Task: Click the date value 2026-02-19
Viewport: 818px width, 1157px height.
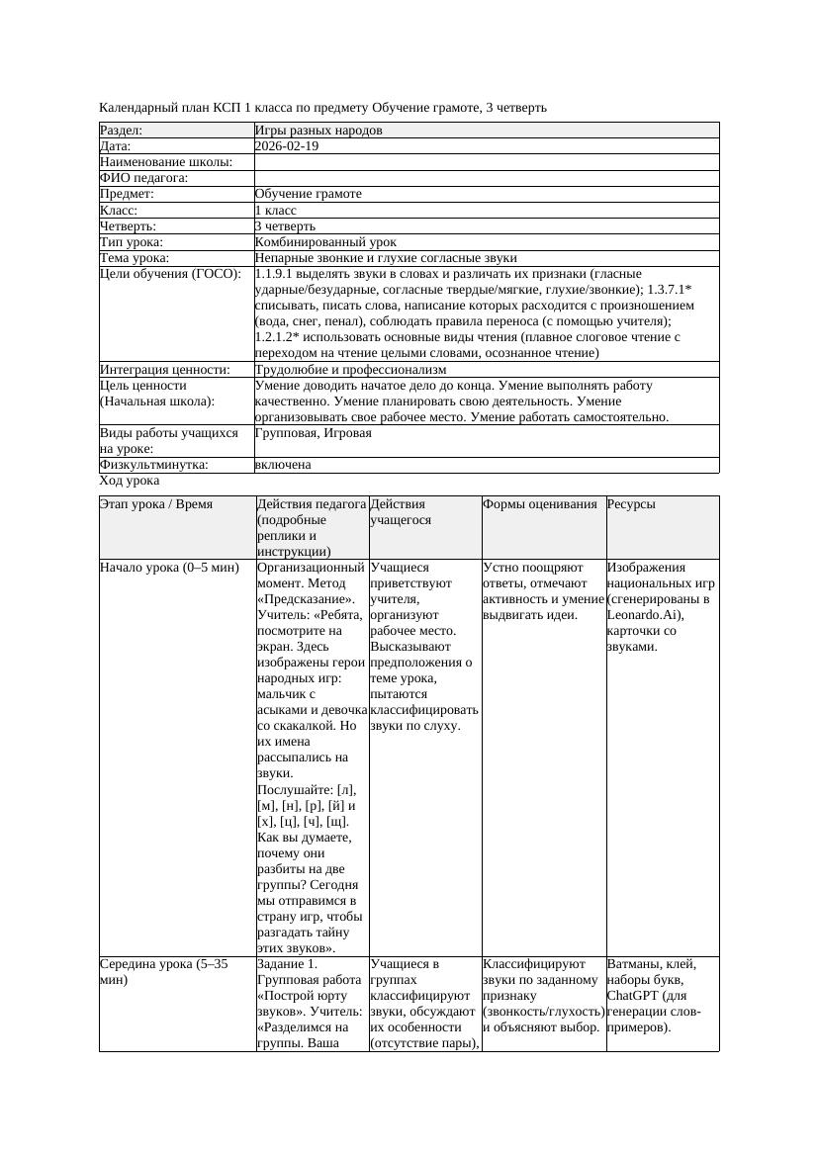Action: tap(287, 146)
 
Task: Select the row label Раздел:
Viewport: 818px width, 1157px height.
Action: tap(122, 131)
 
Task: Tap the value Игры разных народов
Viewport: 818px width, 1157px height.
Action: tap(318, 131)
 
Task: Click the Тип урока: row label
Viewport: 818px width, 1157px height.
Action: tap(132, 242)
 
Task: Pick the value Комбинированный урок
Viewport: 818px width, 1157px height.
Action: tap(325, 242)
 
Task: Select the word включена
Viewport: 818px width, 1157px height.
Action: tap(283, 465)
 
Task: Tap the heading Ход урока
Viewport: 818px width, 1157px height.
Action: tap(130, 481)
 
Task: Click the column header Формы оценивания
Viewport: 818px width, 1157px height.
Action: tap(540, 504)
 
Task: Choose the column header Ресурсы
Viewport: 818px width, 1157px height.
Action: tap(631, 504)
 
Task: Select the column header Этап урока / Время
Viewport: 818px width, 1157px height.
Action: tap(156, 504)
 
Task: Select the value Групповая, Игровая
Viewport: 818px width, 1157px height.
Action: tap(314, 433)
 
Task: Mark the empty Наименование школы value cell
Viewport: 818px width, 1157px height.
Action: tap(486, 162)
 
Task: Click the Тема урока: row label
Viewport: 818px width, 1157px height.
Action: tap(135, 258)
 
